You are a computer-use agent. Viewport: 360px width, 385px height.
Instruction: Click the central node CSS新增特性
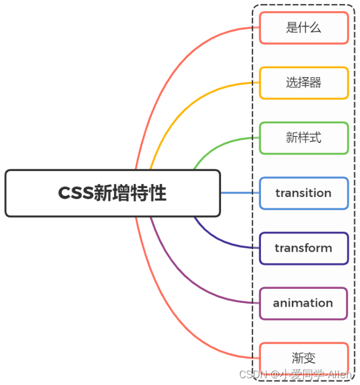[112, 193]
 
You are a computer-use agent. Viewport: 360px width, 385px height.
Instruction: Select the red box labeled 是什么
[304, 28]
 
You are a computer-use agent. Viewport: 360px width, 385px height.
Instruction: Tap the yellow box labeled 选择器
[304, 83]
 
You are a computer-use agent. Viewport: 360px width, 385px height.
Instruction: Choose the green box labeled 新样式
[304, 138]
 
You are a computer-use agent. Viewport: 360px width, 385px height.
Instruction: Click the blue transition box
[304, 193]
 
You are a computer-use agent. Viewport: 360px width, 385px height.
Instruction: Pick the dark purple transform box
[304, 248]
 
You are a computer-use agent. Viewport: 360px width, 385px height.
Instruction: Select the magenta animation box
[304, 303]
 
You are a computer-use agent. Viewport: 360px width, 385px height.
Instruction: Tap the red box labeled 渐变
[304, 358]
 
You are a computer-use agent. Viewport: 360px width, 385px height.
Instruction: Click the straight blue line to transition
[239, 193]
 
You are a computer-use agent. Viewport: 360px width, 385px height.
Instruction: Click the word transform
[304, 248]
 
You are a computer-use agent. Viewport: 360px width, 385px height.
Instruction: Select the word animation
[304, 303]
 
